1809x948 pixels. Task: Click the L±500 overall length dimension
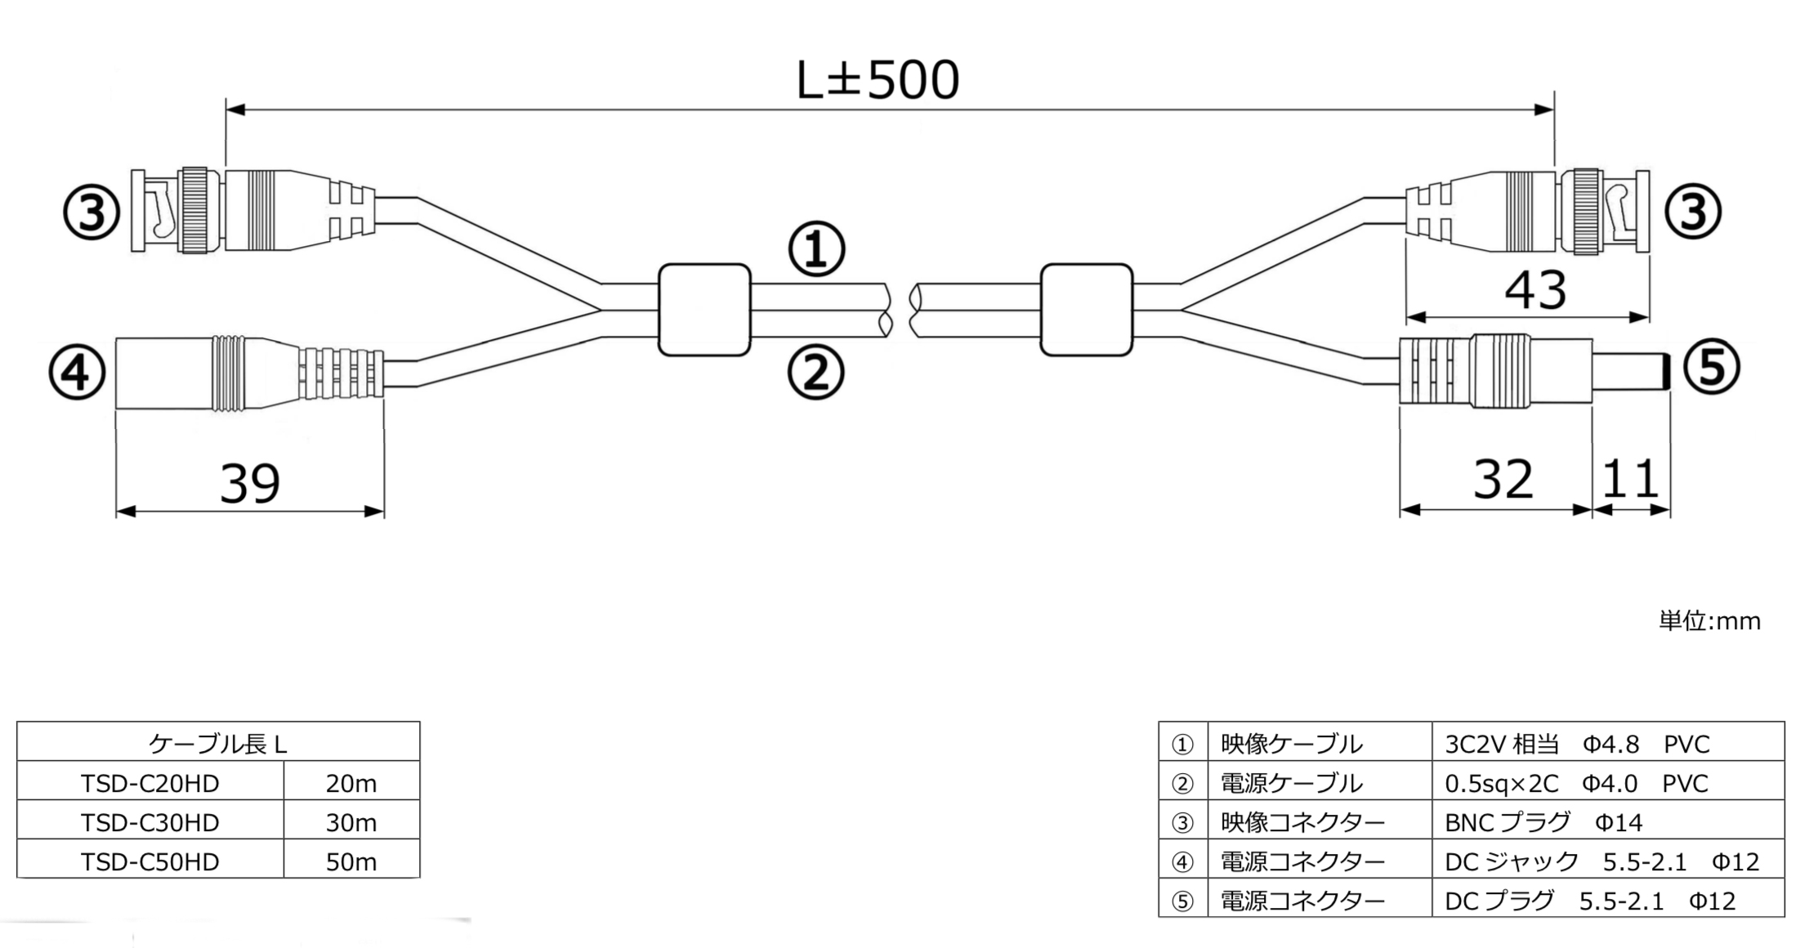(878, 80)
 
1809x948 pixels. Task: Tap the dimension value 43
(1535, 289)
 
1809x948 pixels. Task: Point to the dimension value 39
(250, 483)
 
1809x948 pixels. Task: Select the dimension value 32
(1503, 479)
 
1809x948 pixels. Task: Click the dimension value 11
(1630, 479)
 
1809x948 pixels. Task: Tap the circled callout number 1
(815, 249)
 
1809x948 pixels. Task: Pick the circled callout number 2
(815, 373)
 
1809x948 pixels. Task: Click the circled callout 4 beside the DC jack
(77, 373)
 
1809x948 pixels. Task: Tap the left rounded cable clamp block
(704, 310)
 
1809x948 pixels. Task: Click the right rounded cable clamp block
(1087, 310)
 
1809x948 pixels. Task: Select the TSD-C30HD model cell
(150, 822)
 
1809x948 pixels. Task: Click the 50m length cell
(351, 861)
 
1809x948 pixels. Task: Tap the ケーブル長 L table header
(218, 744)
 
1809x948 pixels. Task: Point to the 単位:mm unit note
(1709, 621)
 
